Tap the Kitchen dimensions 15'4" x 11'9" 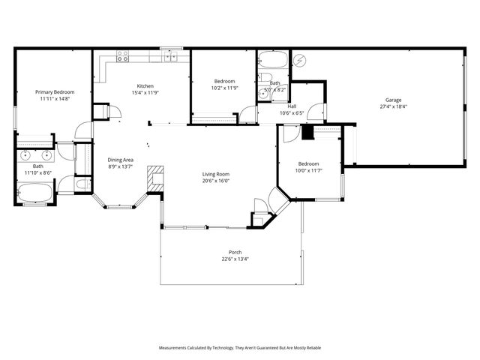(145, 92)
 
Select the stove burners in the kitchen (123, 55)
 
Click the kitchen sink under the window (171, 55)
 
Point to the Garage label (394, 100)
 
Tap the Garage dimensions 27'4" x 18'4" (394, 106)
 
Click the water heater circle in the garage (298, 59)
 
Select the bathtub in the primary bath (34, 193)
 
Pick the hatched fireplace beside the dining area (154, 178)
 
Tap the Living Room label (215, 174)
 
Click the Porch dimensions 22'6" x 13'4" (235, 259)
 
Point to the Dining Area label (121, 160)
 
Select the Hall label (292, 106)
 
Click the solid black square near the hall (306, 133)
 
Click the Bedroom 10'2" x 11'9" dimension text (225, 88)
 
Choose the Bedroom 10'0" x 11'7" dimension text (308, 171)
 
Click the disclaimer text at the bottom (239, 348)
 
